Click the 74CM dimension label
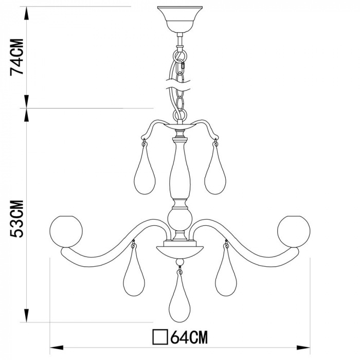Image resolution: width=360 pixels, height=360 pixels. click(17, 57)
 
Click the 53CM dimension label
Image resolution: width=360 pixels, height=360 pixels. click(17, 219)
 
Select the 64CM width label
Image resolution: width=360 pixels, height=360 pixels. click(189, 337)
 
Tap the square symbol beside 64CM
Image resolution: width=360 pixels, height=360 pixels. click(160, 337)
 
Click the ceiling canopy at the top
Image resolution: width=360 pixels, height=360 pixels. click(180, 20)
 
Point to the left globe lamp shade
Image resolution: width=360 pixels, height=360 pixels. click(66, 231)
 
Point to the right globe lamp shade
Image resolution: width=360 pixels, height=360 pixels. click(294, 231)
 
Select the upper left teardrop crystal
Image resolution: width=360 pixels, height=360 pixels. click(145, 170)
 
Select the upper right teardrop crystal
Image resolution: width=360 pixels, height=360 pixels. click(215, 170)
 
